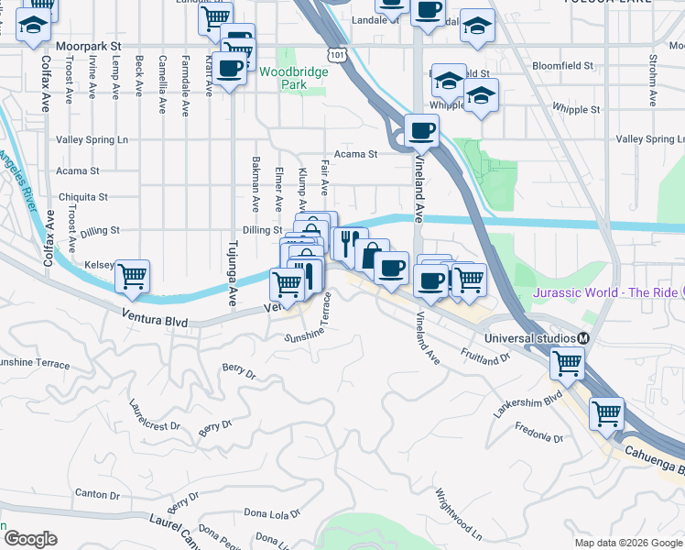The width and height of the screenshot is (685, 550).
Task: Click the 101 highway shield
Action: coord(339,56)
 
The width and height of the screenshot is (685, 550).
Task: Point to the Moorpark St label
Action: coord(88,45)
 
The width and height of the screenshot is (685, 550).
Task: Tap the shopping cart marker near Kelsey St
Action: coord(133,275)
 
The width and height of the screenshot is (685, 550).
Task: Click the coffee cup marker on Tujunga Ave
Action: coord(231,66)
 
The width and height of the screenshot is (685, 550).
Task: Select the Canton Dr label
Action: coord(92,493)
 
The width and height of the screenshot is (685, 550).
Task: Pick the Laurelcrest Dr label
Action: coord(155,414)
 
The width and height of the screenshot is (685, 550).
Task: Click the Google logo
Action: coord(30,538)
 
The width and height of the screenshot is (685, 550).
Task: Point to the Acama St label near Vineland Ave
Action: coord(356,154)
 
